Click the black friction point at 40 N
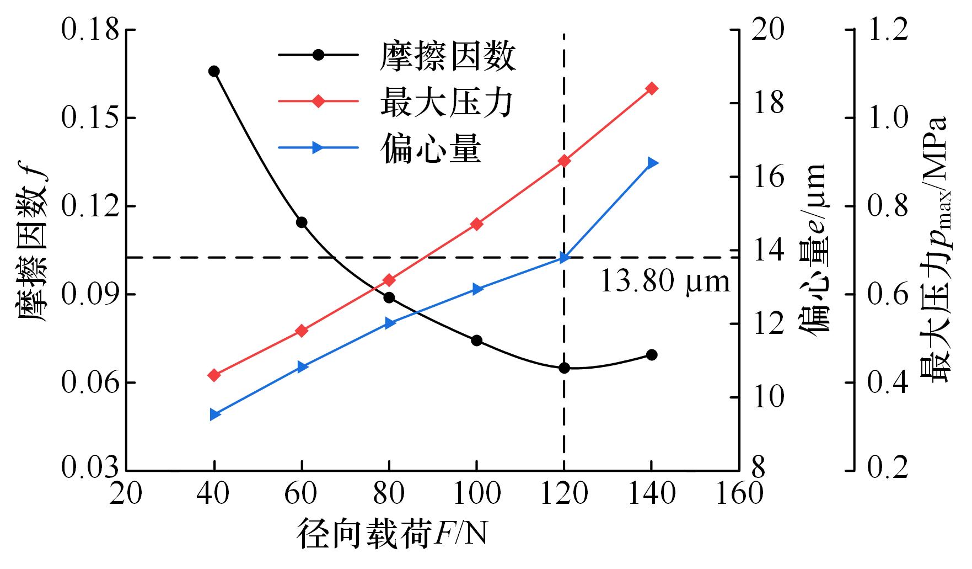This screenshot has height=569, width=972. point(214,71)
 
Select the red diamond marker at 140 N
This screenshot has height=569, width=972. point(652,88)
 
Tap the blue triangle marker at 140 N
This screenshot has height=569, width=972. point(652,163)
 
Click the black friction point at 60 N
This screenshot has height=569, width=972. point(302,222)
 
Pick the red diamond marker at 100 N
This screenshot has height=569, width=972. point(477,224)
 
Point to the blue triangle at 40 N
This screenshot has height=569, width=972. point(214,415)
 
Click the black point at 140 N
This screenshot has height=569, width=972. point(652,355)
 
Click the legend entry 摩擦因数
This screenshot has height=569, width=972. point(447,56)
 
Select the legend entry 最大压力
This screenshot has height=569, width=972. point(447,102)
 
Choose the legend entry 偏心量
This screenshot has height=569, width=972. point(431,148)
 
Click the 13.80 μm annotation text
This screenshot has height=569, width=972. point(664,281)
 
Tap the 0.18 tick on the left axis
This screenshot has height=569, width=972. point(90,30)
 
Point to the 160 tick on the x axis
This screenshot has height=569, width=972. point(739,493)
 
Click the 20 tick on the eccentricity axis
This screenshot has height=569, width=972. point(767,30)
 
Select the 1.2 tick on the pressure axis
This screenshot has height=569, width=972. point(888,30)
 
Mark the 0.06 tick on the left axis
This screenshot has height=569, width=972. point(90,382)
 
